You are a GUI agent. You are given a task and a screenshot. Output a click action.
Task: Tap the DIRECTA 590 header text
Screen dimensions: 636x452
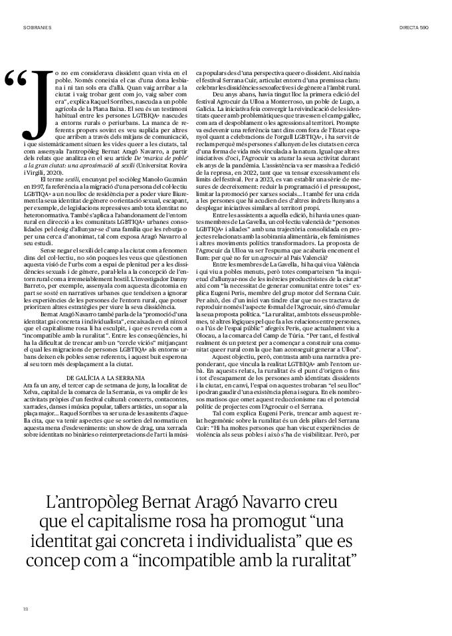pos(413,29)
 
